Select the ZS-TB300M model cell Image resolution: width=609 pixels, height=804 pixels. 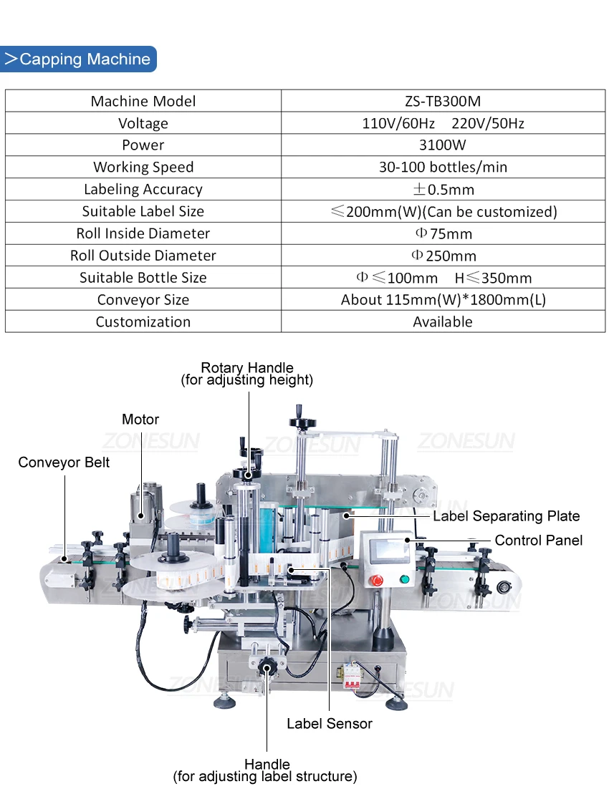point(443,101)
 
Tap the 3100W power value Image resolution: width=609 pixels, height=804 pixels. point(443,145)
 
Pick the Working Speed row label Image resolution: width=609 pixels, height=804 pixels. point(143,167)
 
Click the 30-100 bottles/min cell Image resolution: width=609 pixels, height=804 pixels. point(443,167)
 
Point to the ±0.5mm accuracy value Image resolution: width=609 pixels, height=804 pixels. point(443,189)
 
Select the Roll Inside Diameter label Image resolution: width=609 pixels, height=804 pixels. point(143,233)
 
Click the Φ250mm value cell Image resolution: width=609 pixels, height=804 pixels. point(443,256)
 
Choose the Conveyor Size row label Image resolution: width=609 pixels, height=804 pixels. point(143,299)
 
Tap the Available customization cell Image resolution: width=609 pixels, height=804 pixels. point(443,321)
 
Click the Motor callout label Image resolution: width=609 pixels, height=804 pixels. point(140,420)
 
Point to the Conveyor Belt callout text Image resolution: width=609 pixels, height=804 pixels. point(64,462)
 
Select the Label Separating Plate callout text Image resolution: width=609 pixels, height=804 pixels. point(507,516)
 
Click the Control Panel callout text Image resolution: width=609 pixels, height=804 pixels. point(539,541)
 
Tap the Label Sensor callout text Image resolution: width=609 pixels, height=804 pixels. point(330,724)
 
